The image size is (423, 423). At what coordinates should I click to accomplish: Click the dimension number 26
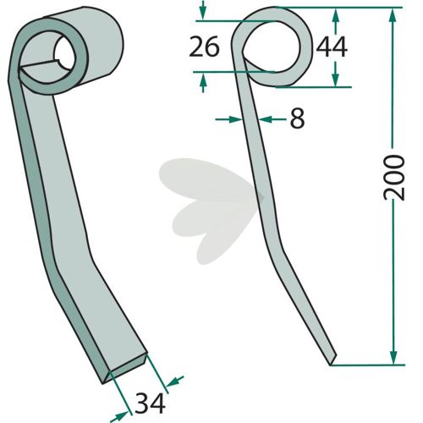coord(204,47)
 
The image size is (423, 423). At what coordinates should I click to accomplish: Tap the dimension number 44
coord(332,47)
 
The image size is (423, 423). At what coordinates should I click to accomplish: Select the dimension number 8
coord(297,119)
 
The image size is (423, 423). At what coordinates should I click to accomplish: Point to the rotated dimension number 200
coord(394,178)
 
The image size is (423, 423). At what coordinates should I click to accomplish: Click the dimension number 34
coord(150,404)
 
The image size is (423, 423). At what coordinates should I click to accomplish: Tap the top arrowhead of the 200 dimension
coord(393,16)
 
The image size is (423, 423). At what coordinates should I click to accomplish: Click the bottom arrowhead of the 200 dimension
coord(393,356)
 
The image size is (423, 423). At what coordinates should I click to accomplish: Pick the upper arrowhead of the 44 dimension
coord(335,16)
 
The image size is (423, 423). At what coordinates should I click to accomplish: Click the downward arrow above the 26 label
coord(203,11)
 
